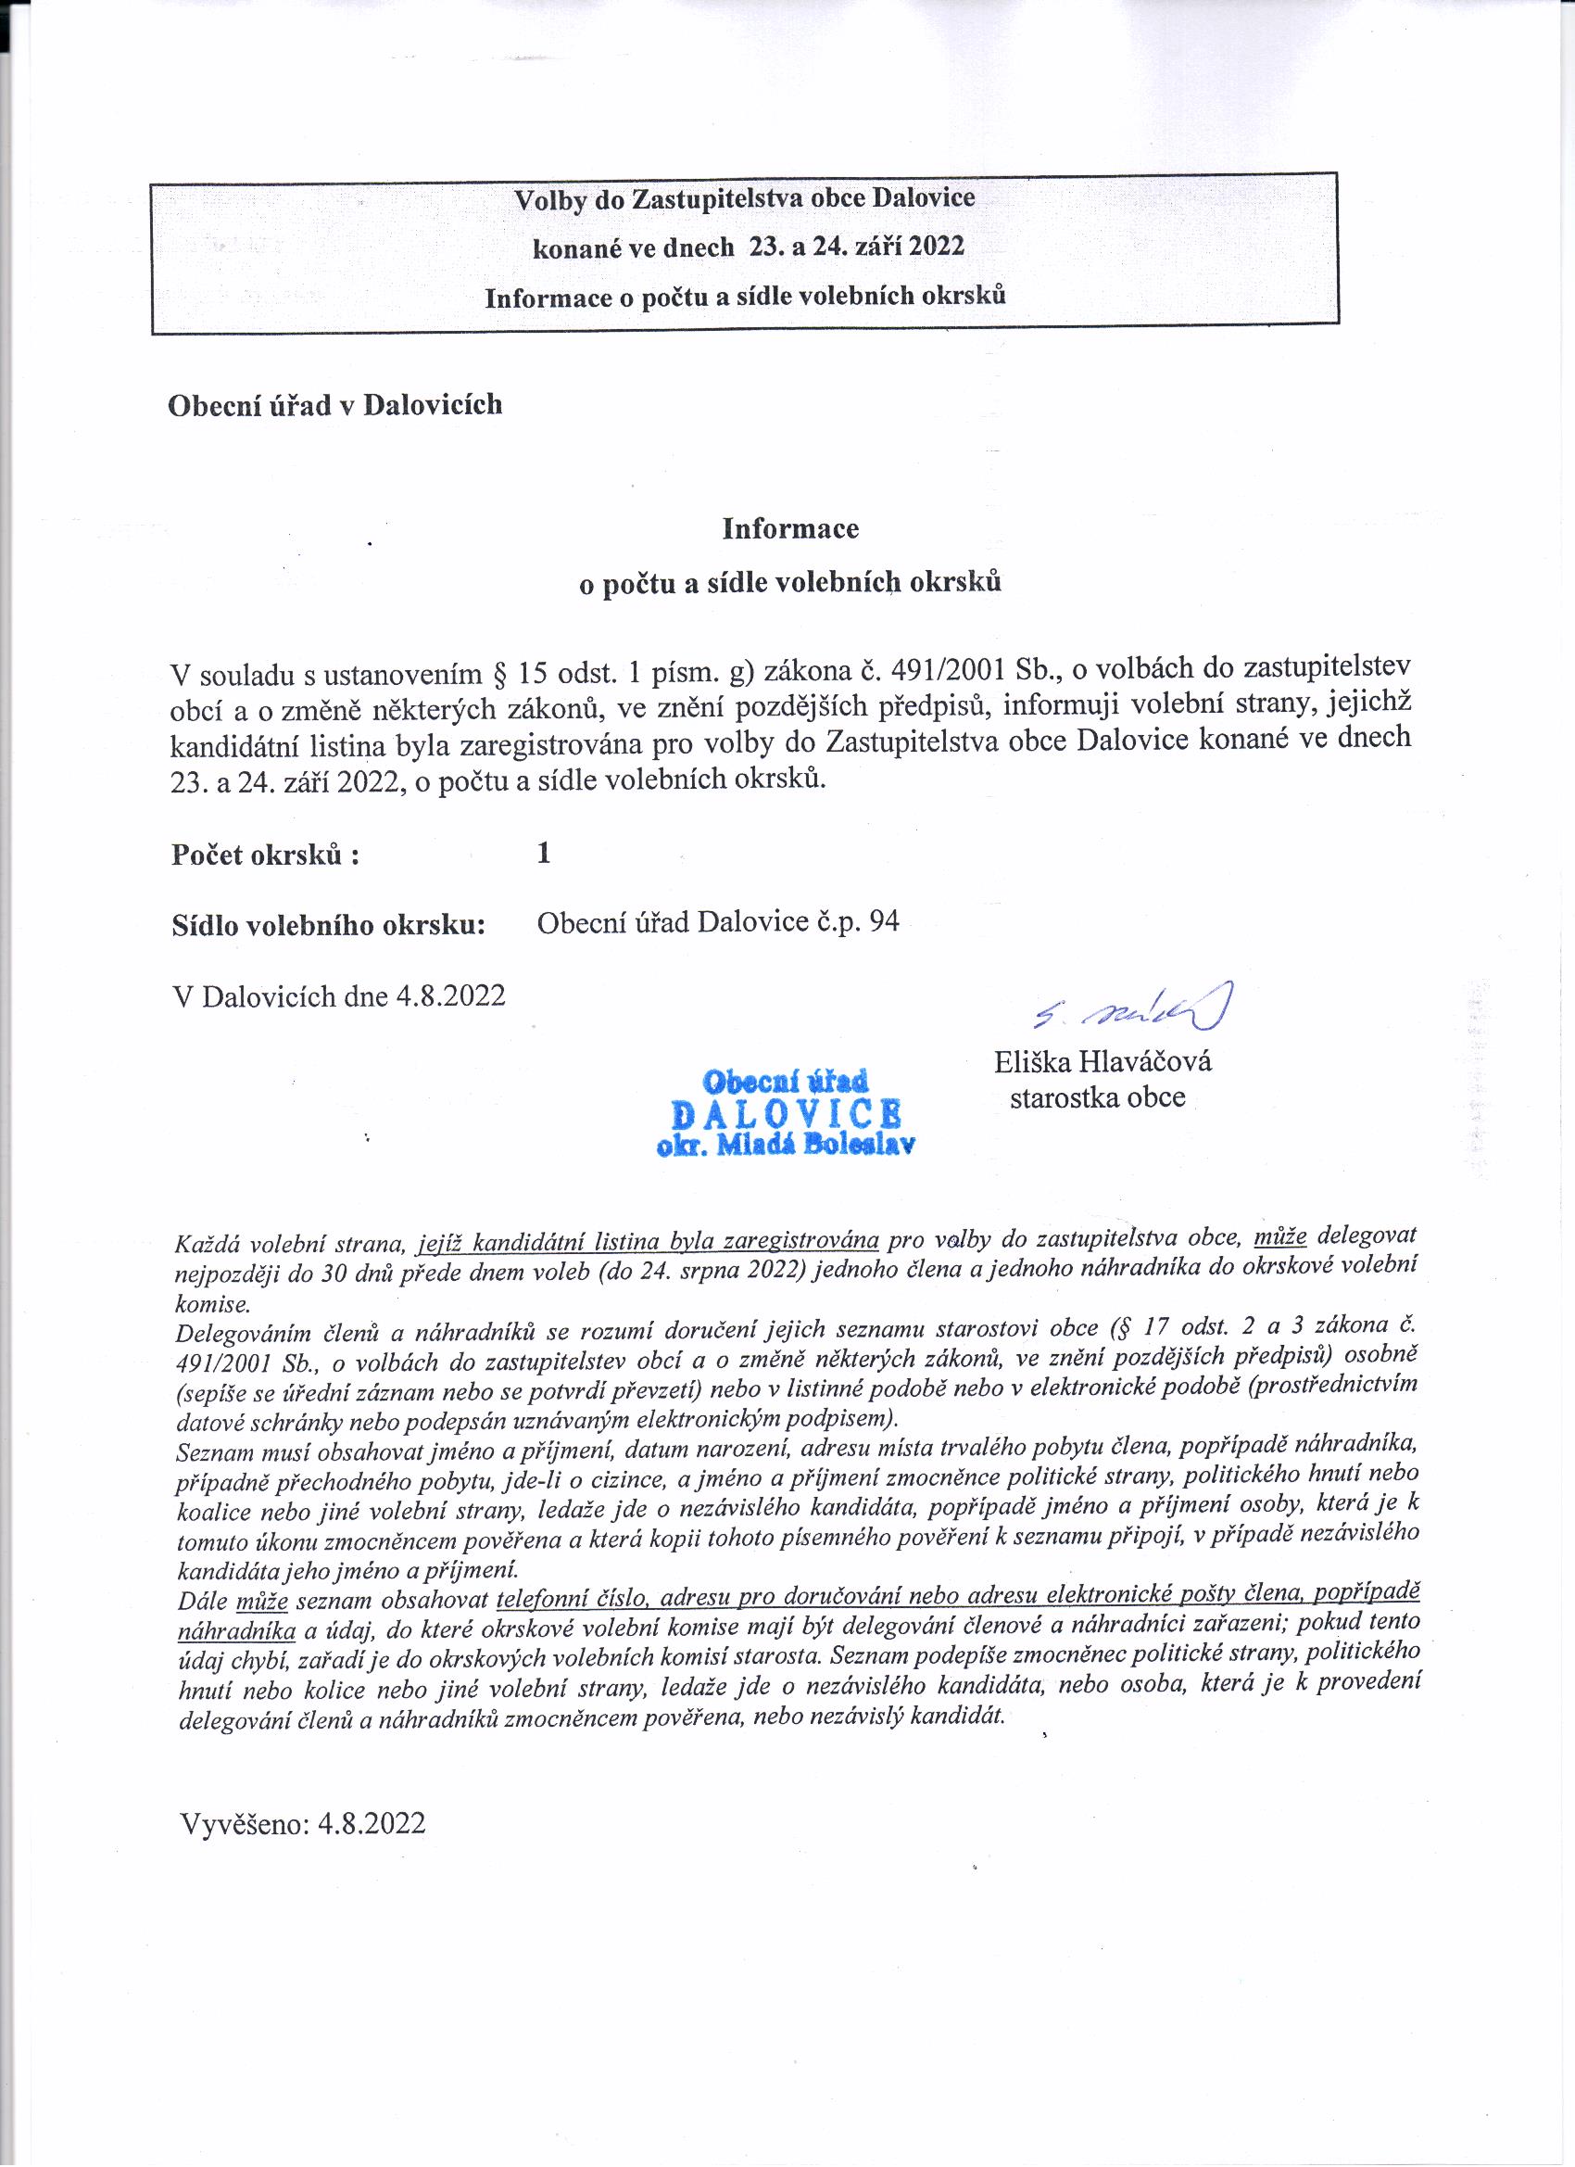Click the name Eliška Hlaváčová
1102,1061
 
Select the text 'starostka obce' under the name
1098,1096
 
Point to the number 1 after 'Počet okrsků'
544,853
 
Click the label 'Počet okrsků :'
266,855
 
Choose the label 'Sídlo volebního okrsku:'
329,925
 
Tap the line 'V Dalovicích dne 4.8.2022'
338,996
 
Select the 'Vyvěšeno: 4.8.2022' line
303,1822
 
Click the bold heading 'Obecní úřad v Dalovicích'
335,405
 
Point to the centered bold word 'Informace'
790,528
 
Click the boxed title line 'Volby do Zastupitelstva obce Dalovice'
744,198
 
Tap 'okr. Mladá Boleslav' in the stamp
786,1146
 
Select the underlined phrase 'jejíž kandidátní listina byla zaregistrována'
649,1241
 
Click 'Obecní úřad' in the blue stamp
785,1082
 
